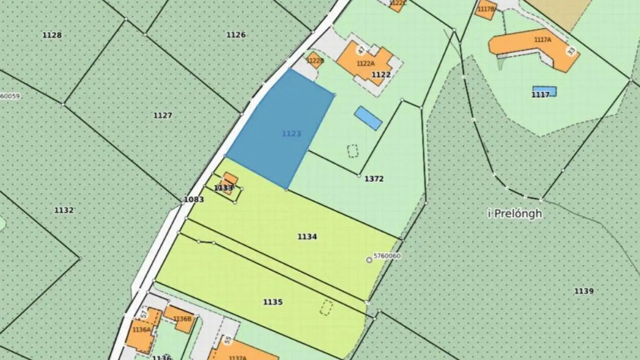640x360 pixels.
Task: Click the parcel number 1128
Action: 52,35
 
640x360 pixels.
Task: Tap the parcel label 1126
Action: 236,35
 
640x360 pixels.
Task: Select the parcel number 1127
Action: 163,116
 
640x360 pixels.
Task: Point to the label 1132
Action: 64,210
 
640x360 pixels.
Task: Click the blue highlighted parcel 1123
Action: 280,129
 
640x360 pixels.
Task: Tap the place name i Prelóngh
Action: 515,214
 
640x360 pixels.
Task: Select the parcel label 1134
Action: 307,237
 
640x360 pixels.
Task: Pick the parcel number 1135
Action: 272,302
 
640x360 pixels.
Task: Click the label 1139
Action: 584,292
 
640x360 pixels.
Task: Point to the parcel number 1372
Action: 374,179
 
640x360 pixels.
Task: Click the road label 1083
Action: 194,200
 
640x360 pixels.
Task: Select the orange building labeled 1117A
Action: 533,44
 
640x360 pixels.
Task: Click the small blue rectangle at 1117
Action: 544,91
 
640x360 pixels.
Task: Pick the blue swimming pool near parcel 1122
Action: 368,118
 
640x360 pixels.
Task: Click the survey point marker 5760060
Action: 369,260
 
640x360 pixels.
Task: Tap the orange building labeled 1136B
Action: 180,318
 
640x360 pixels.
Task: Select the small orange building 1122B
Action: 315,60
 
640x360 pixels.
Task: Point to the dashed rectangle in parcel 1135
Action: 326,308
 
